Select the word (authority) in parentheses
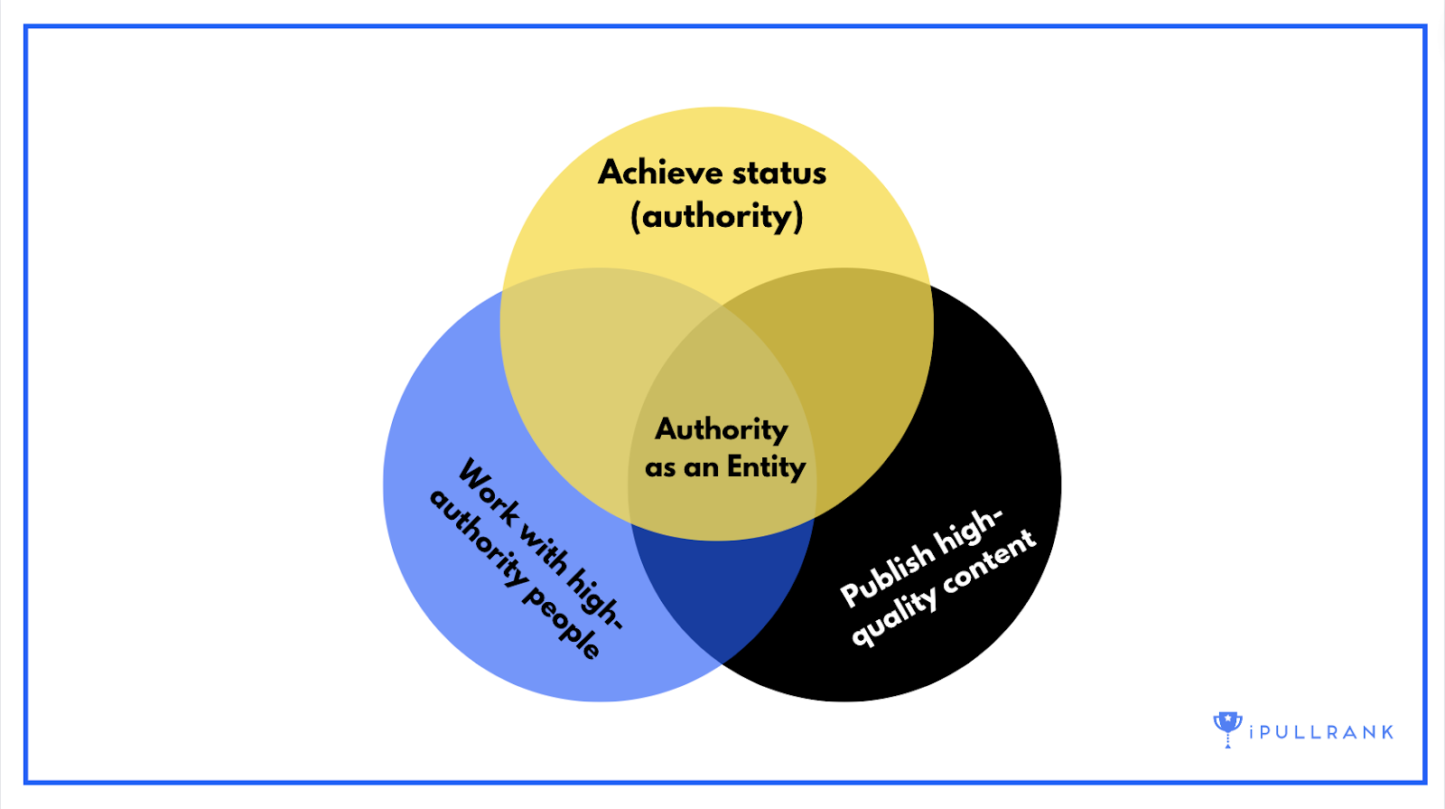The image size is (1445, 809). pos(716,216)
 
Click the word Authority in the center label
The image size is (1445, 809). pos(722,428)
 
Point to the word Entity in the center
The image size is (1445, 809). pos(766,467)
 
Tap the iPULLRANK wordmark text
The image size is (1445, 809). pos(1321,732)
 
